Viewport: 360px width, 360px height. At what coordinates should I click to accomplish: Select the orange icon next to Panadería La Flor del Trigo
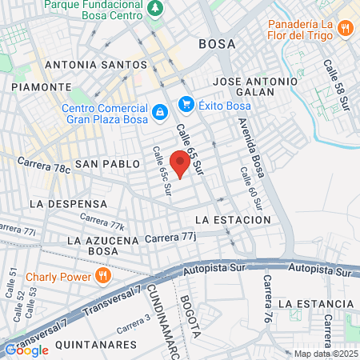(346, 28)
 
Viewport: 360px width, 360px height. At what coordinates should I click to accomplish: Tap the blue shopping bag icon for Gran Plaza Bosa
(160, 110)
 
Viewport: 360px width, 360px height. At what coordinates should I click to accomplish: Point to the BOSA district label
(217, 44)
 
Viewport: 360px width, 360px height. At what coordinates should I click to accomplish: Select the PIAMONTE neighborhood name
(36, 86)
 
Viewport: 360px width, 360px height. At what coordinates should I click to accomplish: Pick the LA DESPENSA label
(68, 204)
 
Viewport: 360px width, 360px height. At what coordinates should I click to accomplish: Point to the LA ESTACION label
(233, 219)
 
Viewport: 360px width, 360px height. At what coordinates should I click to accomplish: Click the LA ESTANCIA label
(315, 304)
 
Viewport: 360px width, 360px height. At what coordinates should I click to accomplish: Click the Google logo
(26, 349)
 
